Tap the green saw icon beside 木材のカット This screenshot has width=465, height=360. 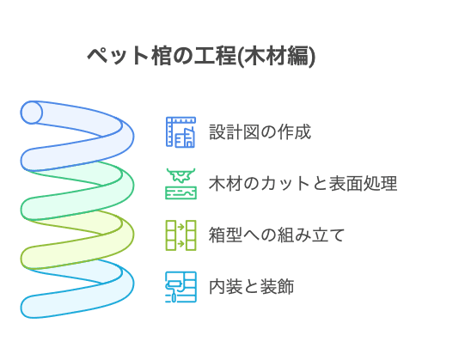[180, 183]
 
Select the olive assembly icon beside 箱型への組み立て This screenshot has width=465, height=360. [180, 235]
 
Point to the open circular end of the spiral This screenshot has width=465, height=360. [32, 113]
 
